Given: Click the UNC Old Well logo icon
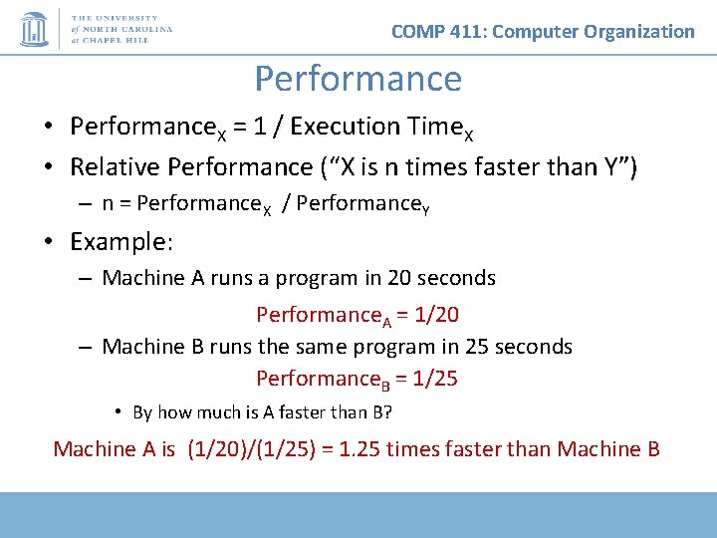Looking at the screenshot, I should [34, 29].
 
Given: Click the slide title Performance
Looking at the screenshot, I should [358, 79].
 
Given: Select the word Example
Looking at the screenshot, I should [119, 242].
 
